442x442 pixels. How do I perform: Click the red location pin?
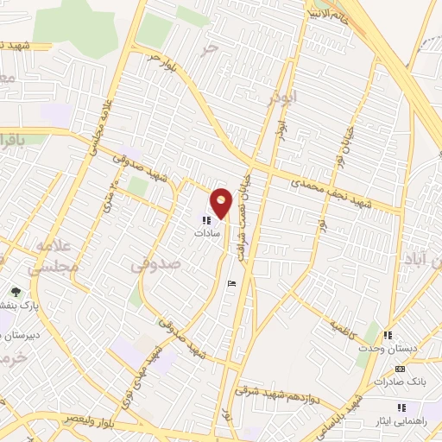point(222,202)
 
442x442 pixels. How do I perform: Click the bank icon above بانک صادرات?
point(400,369)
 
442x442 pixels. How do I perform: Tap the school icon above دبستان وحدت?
point(388,335)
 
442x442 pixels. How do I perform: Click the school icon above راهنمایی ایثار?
point(400,407)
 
